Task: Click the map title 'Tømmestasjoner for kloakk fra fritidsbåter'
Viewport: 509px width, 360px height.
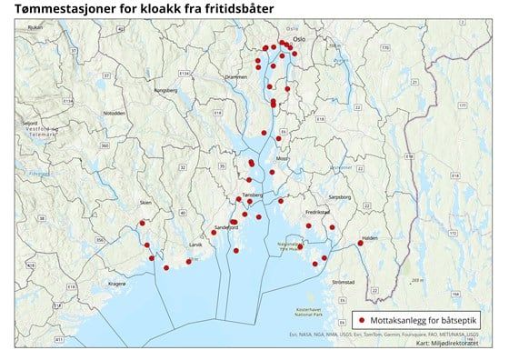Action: click(x=144, y=9)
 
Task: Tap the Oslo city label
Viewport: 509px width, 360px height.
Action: click(x=300, y=39)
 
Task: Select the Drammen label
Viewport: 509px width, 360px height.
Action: click(x=235, y=77)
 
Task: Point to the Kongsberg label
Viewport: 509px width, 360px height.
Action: click(x=165, y=91)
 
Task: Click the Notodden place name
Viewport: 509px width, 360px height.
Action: click(x=115, y=113)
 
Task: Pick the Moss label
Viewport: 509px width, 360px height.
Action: click(x=281, y=158)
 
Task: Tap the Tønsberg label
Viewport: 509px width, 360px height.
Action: click(x=252, y=195)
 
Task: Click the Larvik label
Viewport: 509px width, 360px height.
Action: click(x=195, y=245)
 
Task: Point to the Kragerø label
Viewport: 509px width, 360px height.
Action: click(x=117, y=284)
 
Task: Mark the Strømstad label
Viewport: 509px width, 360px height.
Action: click(x=344, y=283)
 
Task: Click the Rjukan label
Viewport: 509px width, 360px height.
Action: click(x=35, y=28)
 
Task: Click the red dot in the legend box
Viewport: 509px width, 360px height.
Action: click(x=363, y=321)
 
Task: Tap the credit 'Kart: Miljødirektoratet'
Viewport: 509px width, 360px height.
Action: click(x=452, y=343)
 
